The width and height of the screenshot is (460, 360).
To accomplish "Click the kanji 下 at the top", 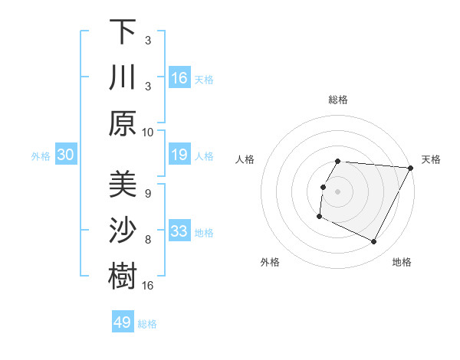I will (x=123, y=33).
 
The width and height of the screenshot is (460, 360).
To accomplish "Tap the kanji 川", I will (x=123, y=78).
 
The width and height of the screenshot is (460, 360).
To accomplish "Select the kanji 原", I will (x=123, y=123).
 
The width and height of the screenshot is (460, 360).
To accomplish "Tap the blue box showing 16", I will (x=179, y=77).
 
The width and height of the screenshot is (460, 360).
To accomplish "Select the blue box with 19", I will (x=179, y=155).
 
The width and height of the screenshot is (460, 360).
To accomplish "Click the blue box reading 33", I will (x=179, y=231).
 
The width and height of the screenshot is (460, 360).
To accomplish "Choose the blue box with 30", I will (x=65, y=155).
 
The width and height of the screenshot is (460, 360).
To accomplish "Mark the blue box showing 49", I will (x=123, y=322).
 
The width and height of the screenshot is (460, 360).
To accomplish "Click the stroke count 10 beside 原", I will (x=148, y=131).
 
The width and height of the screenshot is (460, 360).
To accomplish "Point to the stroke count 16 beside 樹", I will (x=148, y=285).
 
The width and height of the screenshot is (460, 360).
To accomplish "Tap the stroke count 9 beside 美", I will (x=147, y=194).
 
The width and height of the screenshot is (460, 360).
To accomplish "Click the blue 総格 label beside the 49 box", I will (x=148, y=324).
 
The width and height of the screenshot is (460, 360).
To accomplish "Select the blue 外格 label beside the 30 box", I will (x=41, y=156).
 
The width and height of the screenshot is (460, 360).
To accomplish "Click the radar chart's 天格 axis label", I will (x=432, y=159).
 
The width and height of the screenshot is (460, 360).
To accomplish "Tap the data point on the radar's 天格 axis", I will (x=411, y=168).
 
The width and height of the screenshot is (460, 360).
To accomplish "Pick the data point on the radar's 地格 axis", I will (x=374, y=242).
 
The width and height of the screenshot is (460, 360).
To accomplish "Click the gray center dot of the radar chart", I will (x=337, y=191).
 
